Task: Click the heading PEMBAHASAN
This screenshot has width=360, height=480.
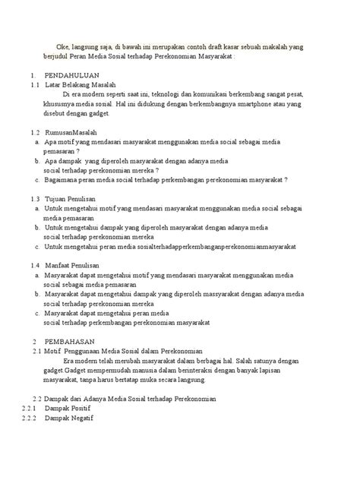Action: click(69, 342)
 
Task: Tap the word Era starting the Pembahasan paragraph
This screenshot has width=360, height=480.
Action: click(72, 361)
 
